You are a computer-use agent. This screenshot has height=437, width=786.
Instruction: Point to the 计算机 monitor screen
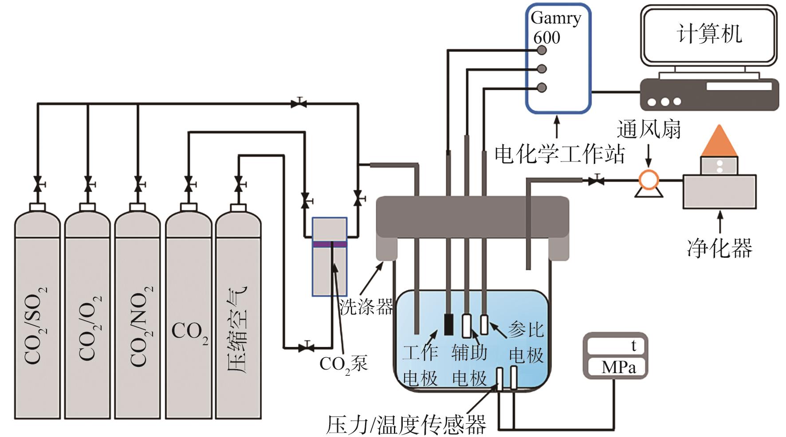click(x=709, y=34)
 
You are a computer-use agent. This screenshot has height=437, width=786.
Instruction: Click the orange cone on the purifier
click(x=719, y=141)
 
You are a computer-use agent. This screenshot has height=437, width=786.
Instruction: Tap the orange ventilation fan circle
click(x=648, y=180)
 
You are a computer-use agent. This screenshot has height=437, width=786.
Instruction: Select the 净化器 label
click(x=719, y=248)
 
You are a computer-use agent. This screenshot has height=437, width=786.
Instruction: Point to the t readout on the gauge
click(x=633, y=346)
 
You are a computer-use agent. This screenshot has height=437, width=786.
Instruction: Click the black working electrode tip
click(x=449, y=324)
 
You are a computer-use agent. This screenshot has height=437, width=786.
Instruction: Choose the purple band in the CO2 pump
click(x=330, y=244)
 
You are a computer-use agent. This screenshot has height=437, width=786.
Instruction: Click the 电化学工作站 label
click(x=559, y=154)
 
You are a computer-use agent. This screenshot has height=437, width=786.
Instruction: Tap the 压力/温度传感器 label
click(x=406, y=425)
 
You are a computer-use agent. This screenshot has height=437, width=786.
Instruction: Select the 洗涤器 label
click(x=366, y=306)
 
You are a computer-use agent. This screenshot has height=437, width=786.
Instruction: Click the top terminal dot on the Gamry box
click(x=542, y=50)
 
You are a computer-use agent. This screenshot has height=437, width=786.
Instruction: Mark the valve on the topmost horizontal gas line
click(x=299, y=104)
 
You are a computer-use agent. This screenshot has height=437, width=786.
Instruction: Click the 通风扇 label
click(x=648, y=129)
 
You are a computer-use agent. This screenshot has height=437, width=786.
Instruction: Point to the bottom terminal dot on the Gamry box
click(x=542, y=87)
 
